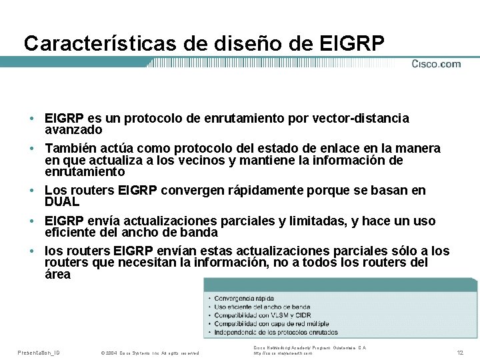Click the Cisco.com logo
pos(436,64)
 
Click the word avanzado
pos(73,129)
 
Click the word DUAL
pos(62,201)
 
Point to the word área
pos(57,274)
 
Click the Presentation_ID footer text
pos(39,352)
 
